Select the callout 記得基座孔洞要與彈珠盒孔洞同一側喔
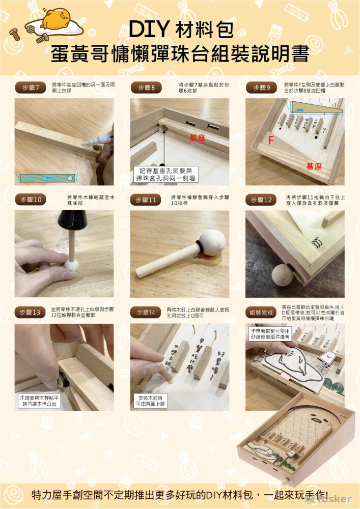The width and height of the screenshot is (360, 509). coord(165,174)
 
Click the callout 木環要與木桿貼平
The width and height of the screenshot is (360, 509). coord(40,401)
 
